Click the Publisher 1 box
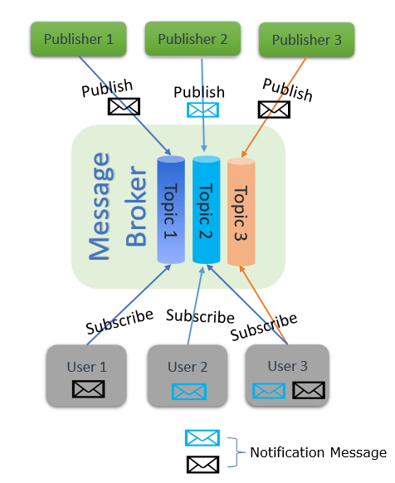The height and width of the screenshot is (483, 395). (78, 38)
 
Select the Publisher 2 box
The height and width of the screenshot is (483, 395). (193, 38)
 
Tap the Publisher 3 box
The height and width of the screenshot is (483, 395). (307, 39)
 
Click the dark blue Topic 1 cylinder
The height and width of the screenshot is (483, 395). (171, 209)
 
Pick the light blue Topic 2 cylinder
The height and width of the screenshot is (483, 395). (206, 209)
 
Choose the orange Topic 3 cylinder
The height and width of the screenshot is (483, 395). (241, 209)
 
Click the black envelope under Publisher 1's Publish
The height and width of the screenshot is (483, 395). (124, 106)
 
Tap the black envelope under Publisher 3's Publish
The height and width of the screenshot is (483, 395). (275, 109)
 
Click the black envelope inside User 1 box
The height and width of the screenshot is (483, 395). (88, 388)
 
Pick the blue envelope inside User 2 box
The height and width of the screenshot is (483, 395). (188, 391)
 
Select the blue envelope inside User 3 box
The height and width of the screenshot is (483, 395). (269, 390)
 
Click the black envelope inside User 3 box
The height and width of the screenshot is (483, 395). (308, 390)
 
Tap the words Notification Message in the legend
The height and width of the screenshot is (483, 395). (318, 452)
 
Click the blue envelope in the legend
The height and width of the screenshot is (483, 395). (202, 438)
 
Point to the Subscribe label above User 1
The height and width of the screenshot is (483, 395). (119, 323)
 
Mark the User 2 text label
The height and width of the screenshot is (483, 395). (188, 367)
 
